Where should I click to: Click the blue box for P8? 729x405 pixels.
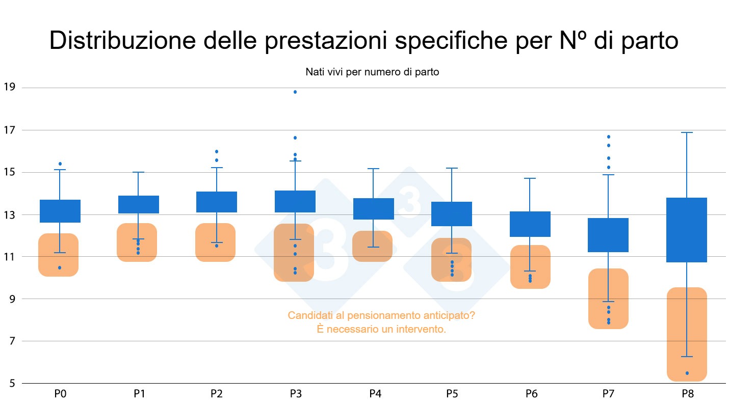[687, 230]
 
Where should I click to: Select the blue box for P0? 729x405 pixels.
[60, 211]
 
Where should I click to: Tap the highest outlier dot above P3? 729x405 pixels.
[295, 92]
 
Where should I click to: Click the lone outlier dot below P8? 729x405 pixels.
[687, 373]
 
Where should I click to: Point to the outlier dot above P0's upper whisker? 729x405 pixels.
[60, 164]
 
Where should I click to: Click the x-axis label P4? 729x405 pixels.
[374, 394]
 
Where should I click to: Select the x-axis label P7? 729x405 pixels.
[608, 394]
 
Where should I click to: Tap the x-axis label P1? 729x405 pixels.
[139, 394]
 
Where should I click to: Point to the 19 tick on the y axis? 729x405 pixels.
[10, 88]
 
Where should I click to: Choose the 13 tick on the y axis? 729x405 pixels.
[10, 214]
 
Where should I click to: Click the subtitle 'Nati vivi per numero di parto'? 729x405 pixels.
[372, 72]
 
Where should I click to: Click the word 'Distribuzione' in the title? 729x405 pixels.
[122, 41]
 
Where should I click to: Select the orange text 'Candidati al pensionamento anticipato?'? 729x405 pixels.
[381, 315]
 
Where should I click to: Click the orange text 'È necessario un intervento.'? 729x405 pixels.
[381, 330]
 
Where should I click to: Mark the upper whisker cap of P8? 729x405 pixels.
[687, 132]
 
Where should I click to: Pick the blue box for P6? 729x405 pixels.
[530, 224]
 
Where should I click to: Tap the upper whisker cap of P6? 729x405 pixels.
[530, 178]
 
